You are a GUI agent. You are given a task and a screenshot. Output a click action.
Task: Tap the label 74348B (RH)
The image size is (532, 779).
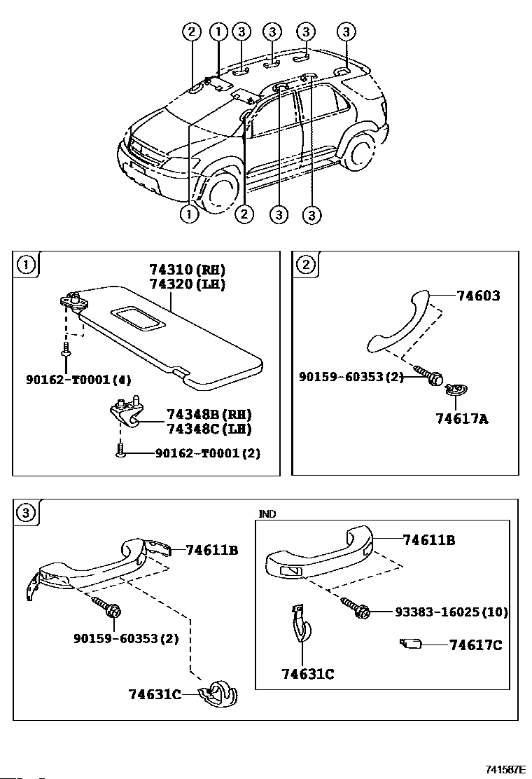click(x=209, y=414)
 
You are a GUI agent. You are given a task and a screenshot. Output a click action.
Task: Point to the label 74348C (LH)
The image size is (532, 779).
click(x=209, y=428)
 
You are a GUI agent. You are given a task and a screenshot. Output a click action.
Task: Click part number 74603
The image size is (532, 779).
click(x=478, y=296)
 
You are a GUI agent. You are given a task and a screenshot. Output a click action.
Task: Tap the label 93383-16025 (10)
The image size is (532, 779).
click(x=451, y=612)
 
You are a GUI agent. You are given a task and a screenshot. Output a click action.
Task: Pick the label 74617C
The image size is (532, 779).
click(x=475, y=645)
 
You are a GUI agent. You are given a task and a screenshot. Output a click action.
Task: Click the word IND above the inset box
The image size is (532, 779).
click(x=267, y=514)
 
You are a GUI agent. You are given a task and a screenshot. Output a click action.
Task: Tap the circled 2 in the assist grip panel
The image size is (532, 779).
click(x=305, y=264)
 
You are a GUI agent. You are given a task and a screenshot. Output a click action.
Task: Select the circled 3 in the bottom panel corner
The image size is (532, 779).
click(x=25, y=513)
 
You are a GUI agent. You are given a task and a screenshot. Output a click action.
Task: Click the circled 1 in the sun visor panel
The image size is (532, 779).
click(x=25, y=264)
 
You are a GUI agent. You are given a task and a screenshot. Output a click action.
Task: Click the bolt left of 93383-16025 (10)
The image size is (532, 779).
click(x=357, y=609)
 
